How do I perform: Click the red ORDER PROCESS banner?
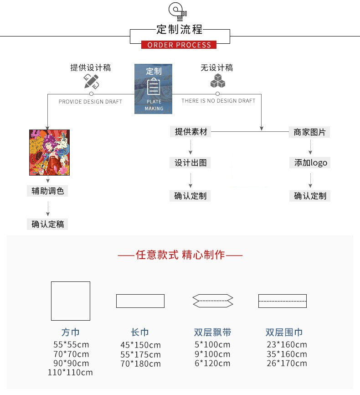(179, 45)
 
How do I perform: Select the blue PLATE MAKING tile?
(154, 89)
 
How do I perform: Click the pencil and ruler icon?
(91, 81)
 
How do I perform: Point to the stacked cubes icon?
(218, 81)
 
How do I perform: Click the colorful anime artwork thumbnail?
(49, 152)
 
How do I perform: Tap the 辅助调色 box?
(47, 191)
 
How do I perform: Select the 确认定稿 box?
(47, 224)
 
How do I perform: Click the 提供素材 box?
(191, 132)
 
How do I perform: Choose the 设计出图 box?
(191, 163)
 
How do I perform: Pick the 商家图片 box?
(310, 132)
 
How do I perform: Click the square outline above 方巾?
(71, 301)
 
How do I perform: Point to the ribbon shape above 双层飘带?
(213, 301)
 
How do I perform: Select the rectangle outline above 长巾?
(140, 301)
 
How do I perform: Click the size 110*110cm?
(70, 373)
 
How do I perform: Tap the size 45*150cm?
(140, 345)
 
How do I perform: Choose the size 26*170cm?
(287, 364)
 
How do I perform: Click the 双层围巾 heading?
(284, 333)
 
